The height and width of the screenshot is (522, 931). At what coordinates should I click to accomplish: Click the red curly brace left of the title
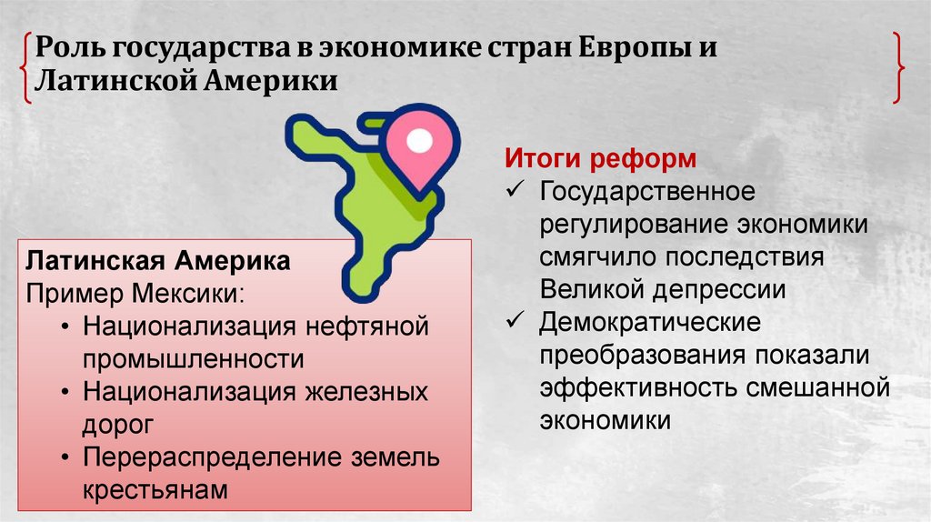(25, 65)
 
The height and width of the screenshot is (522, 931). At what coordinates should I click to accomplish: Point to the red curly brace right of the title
(897, 65)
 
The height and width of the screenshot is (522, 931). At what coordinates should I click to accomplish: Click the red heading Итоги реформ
(601, 160)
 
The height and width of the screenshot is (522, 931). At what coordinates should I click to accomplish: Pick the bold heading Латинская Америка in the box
(158, 262)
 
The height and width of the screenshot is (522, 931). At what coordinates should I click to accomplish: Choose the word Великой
(591, 289)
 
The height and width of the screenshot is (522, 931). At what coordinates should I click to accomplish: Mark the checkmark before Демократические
(516, 322)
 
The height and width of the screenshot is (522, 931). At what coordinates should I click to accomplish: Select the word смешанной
(817, 387)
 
